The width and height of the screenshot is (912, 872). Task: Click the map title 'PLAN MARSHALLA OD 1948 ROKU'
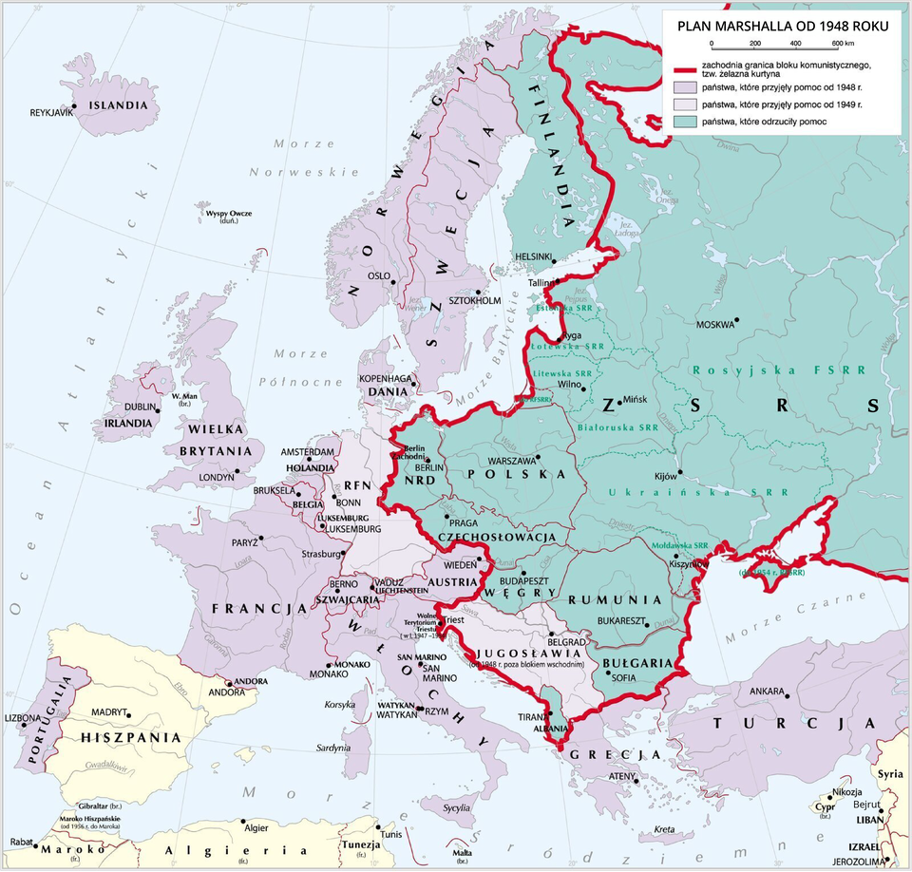point(783,27)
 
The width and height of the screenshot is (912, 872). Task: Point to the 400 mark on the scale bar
point(795,44)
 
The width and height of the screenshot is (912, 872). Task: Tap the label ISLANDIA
point(119,105)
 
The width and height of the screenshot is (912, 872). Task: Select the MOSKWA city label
point(715,324)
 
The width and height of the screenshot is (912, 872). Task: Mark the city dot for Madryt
point(128,714)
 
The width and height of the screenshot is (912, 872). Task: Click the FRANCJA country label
point(251,608)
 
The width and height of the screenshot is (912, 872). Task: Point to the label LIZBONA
point(24,718)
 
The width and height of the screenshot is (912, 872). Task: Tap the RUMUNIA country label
point(615,600)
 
